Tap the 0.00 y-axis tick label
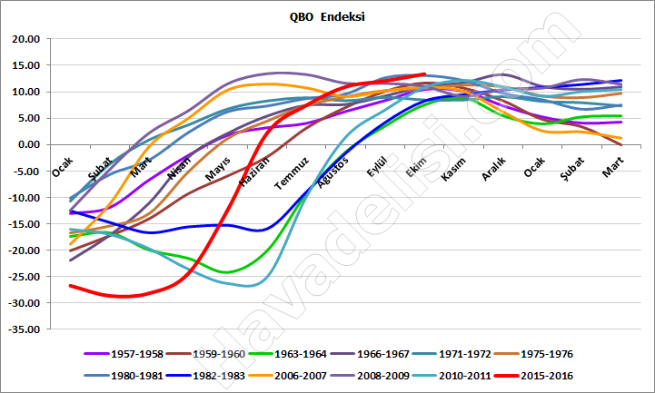pos(27,144)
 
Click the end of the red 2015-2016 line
pos(424,74)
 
